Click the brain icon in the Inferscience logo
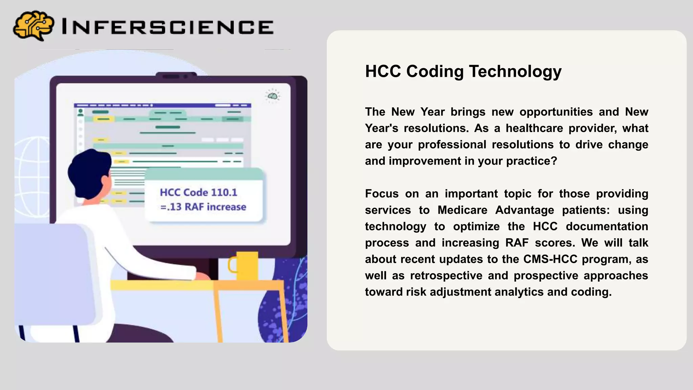33,25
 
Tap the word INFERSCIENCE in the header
167,27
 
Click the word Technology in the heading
515,71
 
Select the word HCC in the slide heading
383,71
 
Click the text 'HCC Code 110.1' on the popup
199,192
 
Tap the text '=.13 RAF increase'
203,207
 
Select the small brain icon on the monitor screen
272,96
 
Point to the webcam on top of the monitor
176,76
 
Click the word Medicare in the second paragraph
462,210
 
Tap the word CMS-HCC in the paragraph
550,259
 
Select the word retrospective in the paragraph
446,276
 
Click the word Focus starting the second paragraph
382,194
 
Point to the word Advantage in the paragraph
525,210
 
